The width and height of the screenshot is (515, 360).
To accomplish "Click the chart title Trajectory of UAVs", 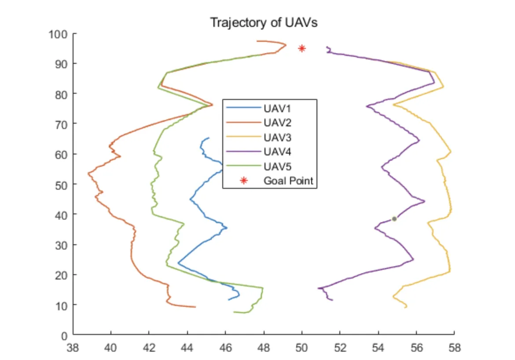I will (x=264, y=22).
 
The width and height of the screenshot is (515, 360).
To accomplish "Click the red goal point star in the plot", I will (x=302, y=48).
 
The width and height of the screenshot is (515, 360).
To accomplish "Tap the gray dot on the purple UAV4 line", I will (x=394, y=219).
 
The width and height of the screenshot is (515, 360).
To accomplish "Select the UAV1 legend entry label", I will (x=276, y=108).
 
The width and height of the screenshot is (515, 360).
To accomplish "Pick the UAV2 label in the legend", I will (x=276, y=122).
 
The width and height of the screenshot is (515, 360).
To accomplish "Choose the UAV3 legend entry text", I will (x=276, y=137).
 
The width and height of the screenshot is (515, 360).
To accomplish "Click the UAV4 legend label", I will (x=276, y=152).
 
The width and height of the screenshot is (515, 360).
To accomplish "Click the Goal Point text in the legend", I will (x=288, y=180).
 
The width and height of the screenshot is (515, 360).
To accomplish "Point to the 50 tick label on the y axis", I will (x=60, y=184).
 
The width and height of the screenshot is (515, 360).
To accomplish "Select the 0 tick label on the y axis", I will (x=63, y=335).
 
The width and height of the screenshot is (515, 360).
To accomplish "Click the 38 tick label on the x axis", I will (x=73, y=348).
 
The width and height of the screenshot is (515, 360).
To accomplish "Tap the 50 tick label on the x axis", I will (x=302, y=348).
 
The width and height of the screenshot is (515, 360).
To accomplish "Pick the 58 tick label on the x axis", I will (x=454, y=348).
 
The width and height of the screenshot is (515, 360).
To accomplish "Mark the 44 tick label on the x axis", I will (x=188, y=348).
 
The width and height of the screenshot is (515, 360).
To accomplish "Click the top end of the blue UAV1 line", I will (x=209, y=138).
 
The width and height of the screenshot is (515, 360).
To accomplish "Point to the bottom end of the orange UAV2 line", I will (x=195, y=307).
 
